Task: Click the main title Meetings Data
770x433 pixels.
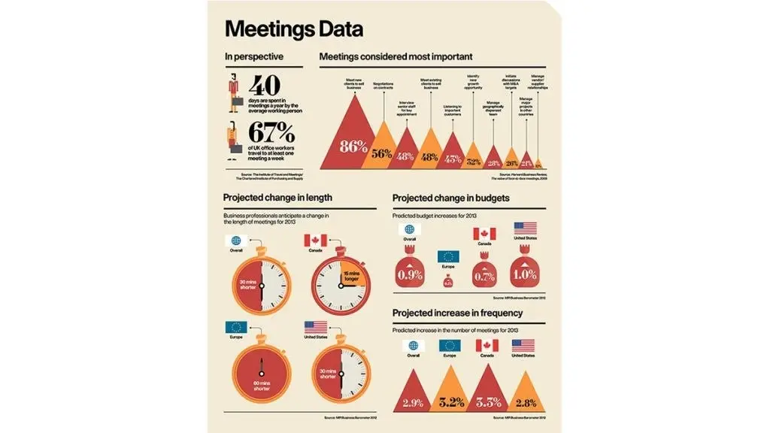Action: click(x=294, y=29)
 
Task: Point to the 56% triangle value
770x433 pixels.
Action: click(x=381, y=154)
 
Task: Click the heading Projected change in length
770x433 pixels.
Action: click(x=277, y=198)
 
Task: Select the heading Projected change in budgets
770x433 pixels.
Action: click(x=452, y=198)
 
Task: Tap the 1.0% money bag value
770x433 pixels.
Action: click(x=524, y=276)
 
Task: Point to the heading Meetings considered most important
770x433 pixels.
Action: click(x=396, y=56)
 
